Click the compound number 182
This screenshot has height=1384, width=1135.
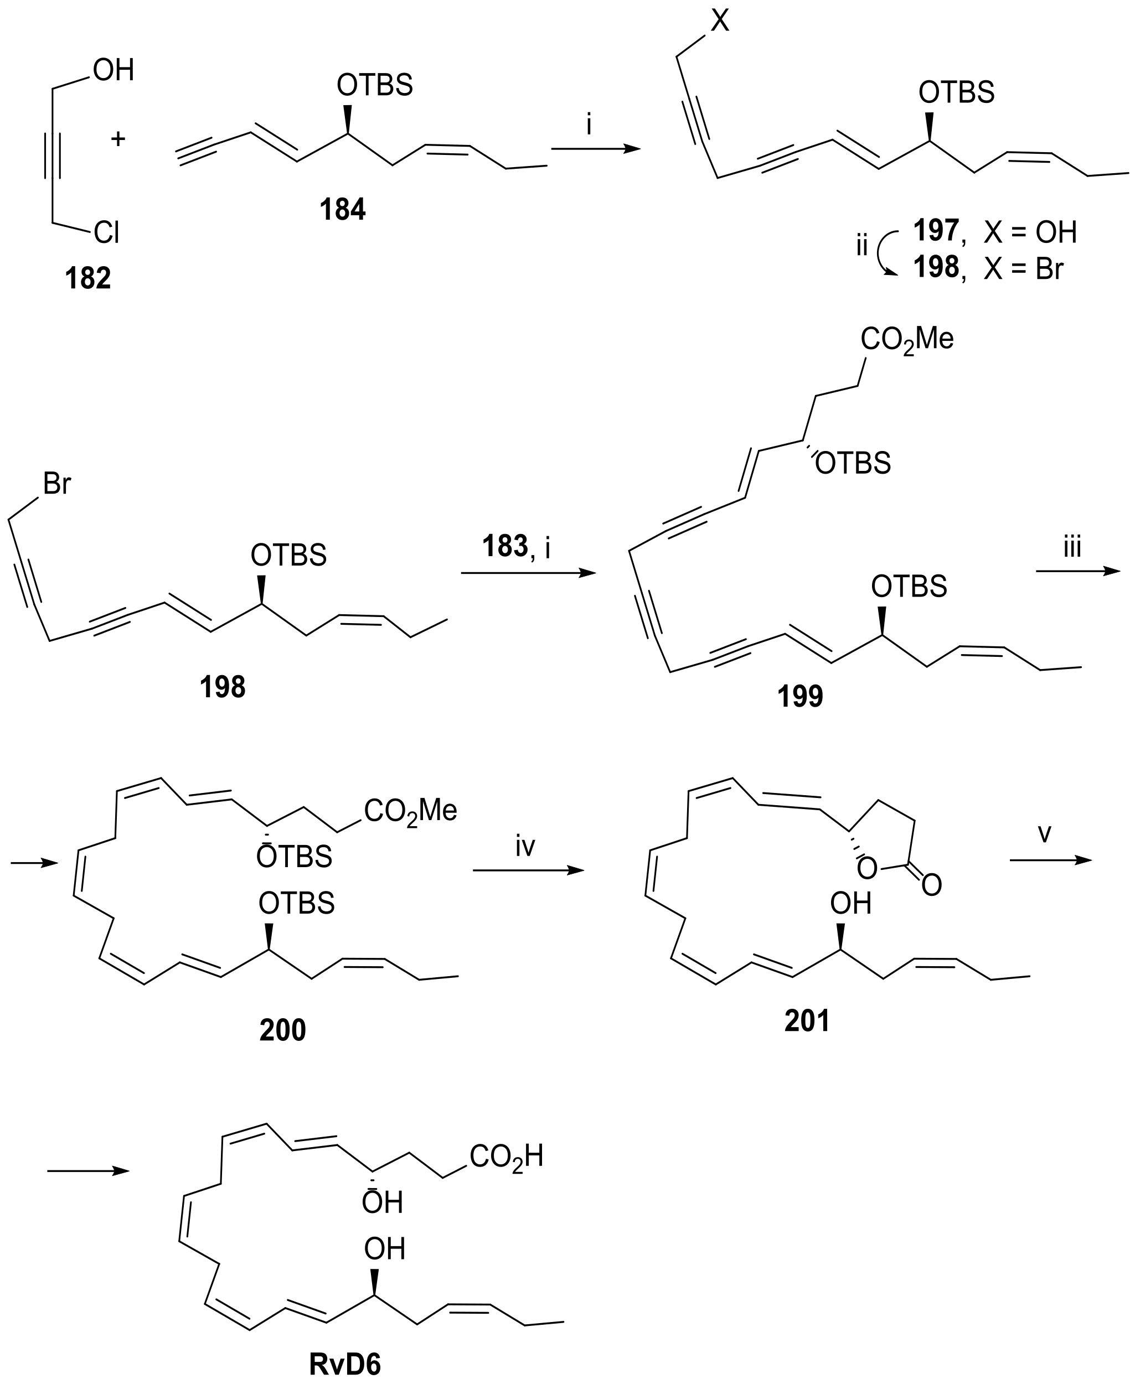click(87, 278)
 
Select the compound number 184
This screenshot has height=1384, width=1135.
click(343, 210)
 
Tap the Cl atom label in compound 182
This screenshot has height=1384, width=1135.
click(106, 232)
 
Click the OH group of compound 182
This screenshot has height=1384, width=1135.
click(113, 70)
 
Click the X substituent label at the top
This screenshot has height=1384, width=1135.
click(719, 21)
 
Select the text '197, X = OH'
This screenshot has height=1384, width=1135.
click(994, 232)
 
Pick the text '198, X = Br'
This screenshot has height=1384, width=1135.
click(988, 268)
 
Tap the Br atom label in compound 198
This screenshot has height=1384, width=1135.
click(57, 484)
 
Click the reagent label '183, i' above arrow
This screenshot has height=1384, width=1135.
click(517, 546)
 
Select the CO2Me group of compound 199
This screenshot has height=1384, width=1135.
click(907, 339)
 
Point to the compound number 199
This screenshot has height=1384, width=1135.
click(799, 697)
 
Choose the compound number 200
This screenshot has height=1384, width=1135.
click(282, 1030)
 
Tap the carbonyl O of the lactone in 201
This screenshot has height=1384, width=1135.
click(932, 885)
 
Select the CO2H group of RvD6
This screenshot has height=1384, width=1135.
click(506, 1157)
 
